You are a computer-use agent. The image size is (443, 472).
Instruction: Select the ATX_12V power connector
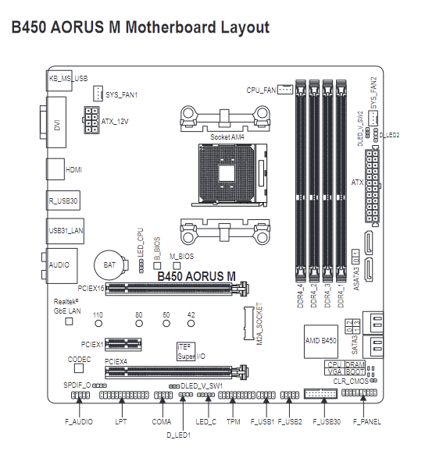coord(91,120)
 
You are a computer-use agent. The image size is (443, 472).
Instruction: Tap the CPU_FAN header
coord(284,90)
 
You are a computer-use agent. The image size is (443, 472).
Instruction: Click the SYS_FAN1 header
coord(98,94)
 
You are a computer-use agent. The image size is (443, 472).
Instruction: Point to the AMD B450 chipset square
coord(320,342)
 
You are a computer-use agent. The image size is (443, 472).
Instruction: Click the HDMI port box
coord(55,169)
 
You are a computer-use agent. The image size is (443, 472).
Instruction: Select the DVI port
coord(56,122)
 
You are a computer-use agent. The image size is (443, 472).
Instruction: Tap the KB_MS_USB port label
coord(69,79)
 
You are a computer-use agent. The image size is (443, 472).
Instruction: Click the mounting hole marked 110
coord(98,323)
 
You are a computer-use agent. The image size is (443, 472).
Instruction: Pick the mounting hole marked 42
coord(191,323)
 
